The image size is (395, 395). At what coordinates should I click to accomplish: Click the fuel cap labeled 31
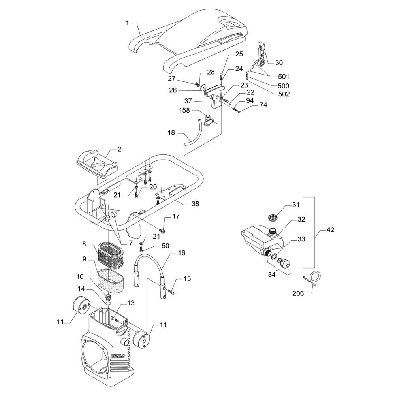(273, 216)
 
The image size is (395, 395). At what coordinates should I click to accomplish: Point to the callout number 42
(330, 230)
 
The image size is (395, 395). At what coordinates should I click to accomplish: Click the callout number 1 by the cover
(127, 23)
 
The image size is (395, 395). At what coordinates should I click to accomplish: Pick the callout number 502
(283, 94)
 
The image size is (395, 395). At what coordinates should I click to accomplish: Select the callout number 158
(184, 110)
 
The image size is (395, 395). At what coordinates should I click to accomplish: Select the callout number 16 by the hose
(181, 253)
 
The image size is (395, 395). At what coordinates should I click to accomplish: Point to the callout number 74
(263, 105)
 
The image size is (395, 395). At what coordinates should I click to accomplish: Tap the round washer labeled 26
(202, 88)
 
